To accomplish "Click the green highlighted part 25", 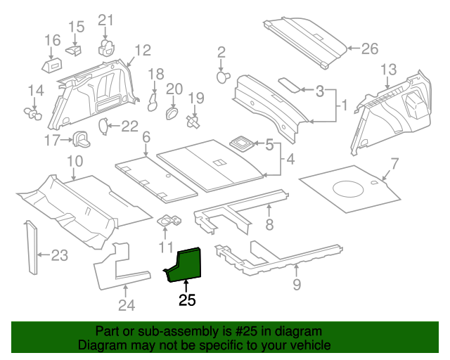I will [186, 264].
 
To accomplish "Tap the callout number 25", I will [187, 301].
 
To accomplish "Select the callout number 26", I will [369, 49].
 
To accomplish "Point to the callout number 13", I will [389, 70].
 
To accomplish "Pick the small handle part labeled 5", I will [243, 144].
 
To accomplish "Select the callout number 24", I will [124, 304].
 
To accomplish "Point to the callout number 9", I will [296, 284].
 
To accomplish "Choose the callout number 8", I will [268, 225].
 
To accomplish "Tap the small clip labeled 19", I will [193, 122].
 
